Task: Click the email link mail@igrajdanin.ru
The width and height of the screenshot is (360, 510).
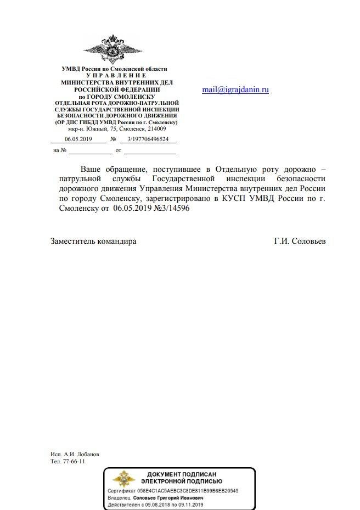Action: coord(235,89)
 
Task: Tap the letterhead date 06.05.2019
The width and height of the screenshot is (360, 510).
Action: coord(78,139)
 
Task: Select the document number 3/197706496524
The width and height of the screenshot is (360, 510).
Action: coord(148,139)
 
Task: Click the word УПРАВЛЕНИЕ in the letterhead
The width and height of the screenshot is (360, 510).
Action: coord(116,75)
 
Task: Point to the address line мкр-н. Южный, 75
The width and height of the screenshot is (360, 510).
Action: coord(117,128)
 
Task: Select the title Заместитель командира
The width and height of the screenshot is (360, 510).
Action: coord(93,241)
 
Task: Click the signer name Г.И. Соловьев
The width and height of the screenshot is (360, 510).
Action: coord(300,241)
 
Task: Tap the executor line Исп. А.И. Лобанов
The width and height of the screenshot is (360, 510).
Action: coord(75,454)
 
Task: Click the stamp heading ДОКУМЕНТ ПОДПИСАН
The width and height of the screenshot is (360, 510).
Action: coord(182,474)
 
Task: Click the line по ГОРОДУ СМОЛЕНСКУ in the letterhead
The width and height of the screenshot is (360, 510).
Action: coord(117,96)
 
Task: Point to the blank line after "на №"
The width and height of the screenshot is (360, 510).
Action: coord(90,150)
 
